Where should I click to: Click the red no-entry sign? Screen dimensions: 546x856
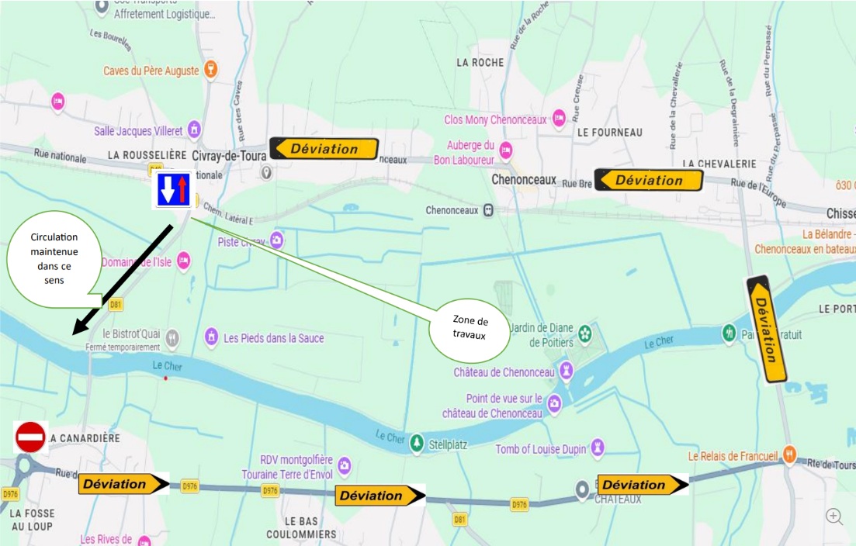pyautogui.click(x=31, y=437)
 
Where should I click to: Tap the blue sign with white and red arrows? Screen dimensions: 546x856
pyautogui.click(x=174, y=190)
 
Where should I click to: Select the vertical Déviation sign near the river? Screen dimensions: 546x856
pyautogui.click(x=767, y=330)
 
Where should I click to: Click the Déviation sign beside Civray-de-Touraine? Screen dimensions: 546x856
pyautogui.click(x=324, y=149)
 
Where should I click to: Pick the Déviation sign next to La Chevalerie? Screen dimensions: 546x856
pyautogui.click(x=648, y=180)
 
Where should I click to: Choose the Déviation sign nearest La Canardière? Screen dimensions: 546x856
pyautogui.click(x=123, y=484)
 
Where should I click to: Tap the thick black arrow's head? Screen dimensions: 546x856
pyautogui.click(x=78, y=327)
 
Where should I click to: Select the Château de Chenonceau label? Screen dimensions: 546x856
pyautogui.click(x=504, y=372)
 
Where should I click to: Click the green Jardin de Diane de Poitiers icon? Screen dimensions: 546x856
pyautogui.click(x=585, y=334)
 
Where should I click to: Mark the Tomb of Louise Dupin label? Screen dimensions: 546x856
pyautogui.click(x=539, y=448)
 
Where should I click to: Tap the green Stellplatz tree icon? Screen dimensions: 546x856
pyautogui.click(x=417, y=441)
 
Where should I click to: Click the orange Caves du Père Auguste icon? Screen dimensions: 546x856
pyautogui.click(x=210, y=71)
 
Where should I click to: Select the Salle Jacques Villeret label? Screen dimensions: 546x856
pyautogui.click(x=137, y=131)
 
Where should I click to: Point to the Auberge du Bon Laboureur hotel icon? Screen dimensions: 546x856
pyautogui.click(x=506, y=150)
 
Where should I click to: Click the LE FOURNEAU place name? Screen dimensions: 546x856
pyautogui.click(x=610, y=133)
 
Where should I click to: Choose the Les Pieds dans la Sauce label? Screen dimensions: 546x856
pyautogui.click(x=273, y=338)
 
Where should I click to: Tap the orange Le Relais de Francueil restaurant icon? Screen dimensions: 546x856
pyautogui.click(x=789, y=454)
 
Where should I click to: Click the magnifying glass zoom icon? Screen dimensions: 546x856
pyautogui.click(x=834, y=517)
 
